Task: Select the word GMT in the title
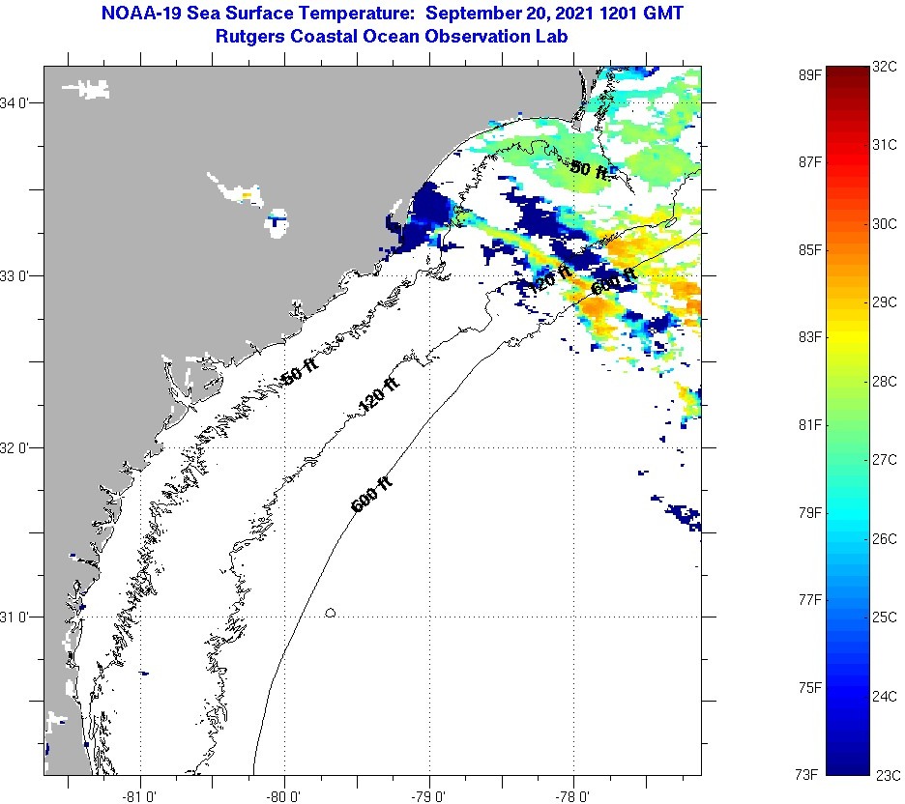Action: tap(666, 14)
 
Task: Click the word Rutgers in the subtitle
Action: tap(252, 36)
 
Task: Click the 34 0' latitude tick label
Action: tap(17, 102)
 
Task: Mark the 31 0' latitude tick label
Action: tap(17, 616)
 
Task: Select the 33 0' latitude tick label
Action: tap(17, 275)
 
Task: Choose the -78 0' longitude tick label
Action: tap(573, 795)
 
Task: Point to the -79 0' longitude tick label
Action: tap(429, 795)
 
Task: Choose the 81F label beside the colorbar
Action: tap(809, 424)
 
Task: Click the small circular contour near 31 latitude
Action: tap(331, 613)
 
